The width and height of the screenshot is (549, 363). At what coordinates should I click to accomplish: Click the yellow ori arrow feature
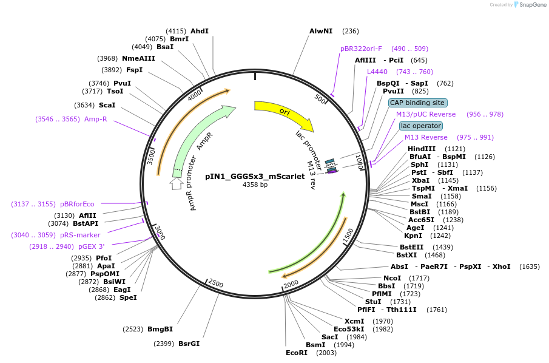coord(284,113)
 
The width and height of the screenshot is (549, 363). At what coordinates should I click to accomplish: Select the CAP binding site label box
coord(418,103)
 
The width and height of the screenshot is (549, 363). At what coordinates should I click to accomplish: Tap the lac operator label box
coord(421,126)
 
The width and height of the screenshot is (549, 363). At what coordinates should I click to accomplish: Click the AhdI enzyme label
coord(200,30)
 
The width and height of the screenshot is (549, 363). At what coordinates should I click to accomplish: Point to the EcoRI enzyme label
coord(297,353)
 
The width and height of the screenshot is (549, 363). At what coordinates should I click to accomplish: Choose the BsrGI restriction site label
coord(189,344)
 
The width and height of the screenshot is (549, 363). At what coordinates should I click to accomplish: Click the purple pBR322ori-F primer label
coord(361,49)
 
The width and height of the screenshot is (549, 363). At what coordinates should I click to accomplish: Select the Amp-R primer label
coord(95,119)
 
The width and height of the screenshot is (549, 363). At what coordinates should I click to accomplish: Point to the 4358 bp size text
coord(255,185)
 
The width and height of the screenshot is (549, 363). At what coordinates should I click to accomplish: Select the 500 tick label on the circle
coord(320,98)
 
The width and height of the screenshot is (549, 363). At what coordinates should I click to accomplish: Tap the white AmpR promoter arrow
coord(176,183)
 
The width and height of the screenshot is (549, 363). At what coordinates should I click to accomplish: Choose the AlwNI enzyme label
coord(321,30)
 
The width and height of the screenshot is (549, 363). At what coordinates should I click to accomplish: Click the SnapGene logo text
coord(531,5)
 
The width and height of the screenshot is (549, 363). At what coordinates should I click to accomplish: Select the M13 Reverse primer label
coord(426,137)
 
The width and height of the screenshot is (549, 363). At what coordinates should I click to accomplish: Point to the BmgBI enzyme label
coord(160,329)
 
